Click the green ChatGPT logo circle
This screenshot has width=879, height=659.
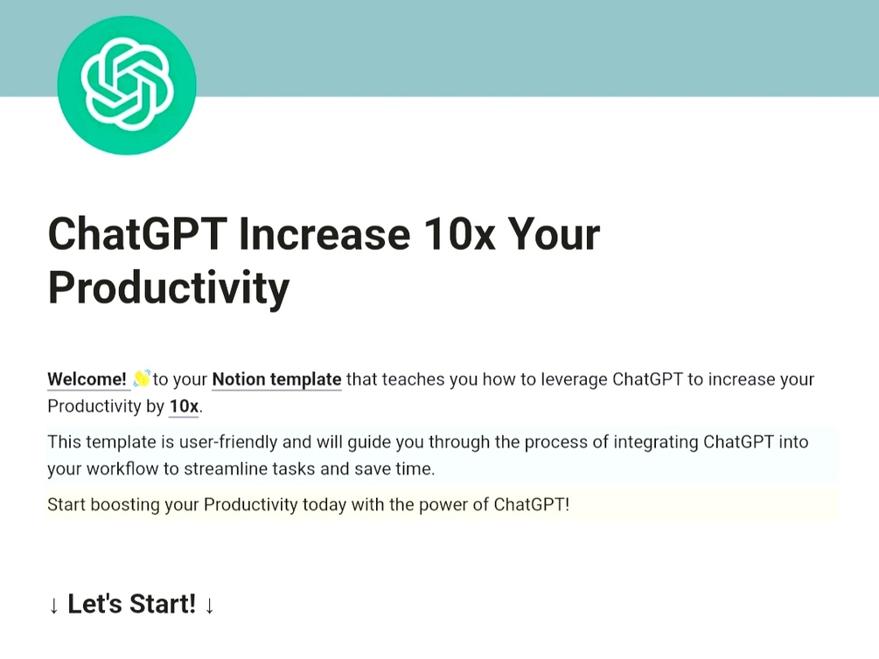(x=127, y=85)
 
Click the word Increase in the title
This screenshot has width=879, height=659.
(x=324, y=233)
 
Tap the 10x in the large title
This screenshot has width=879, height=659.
(x=459, y=233)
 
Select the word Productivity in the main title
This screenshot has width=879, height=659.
(x=169, y=288)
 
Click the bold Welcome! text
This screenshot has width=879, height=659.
(x=87, y=379)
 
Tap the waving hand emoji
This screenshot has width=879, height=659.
(x=142, y=378)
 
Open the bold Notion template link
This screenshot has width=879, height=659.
(x=277, y=379)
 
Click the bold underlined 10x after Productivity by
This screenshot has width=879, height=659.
(x=184, y=406)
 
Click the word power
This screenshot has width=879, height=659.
(x=443, y=505)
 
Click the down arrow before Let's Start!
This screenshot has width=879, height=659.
(x=54, y=605)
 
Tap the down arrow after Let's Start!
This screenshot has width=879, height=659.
(x=209, y=605)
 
